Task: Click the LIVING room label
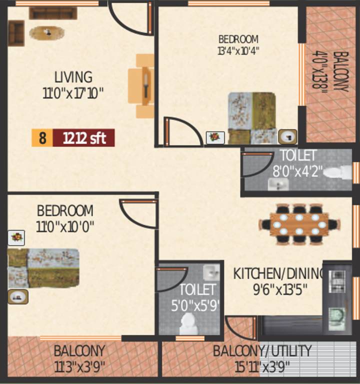coord(73,77)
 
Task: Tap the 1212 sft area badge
coord(84,137)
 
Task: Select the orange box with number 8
coord(42,137)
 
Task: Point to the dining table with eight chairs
coord(298,224)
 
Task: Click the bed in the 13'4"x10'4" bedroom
coord(252,118)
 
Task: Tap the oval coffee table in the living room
coord(47,32)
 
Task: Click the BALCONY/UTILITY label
coord(262,350)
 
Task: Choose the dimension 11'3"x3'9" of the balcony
coord(79,366)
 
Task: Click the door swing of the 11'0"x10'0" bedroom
coord(135,212)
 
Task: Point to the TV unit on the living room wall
coord(145,85)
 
